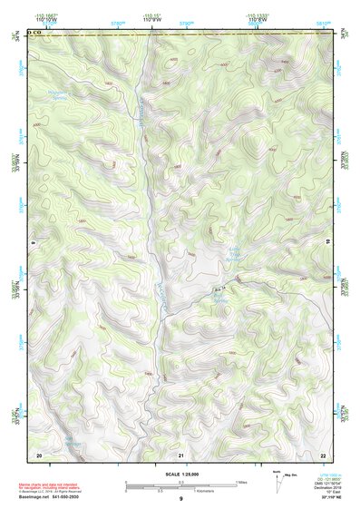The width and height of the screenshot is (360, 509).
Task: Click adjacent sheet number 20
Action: pos(38,453)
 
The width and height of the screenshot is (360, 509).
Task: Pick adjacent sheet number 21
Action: pos(181,453)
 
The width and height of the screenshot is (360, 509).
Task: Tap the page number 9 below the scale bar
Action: pos(180,500)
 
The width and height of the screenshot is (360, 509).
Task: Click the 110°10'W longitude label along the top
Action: pos(39,22)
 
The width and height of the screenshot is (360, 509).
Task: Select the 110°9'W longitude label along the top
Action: pos(148,22)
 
